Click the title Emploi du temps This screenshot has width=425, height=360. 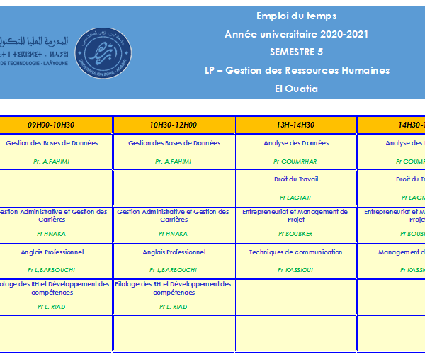pos(296,16)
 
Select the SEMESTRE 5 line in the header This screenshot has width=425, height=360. pos(296,52)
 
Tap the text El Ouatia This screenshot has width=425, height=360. pos(296,89)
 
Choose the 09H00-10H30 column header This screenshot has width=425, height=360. pos(51,125)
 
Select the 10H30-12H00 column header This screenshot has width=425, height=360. pos(174,125)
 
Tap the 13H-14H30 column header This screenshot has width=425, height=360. pos(296,125)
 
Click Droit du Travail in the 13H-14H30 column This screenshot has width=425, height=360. pos(296,179)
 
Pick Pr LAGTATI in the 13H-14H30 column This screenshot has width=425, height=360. pos(296,198)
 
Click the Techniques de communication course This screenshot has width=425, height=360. pos(296,252)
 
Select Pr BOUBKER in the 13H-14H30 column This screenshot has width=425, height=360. pos(296,234)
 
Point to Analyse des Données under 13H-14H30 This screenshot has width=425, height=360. pos(296,143)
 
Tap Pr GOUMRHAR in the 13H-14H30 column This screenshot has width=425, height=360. pos(296,162)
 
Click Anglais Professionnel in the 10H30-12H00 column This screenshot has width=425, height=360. pos(174,252)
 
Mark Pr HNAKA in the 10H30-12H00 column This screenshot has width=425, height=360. pos(174,234)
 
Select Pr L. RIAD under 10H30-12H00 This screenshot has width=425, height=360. pos(174,307)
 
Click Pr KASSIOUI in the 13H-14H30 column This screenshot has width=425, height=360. pos(296,270)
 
